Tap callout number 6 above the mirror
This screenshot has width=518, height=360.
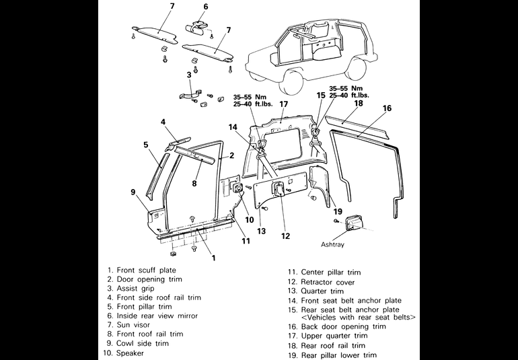(x=206, y=7)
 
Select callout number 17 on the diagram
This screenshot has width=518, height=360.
(x=284, y=104)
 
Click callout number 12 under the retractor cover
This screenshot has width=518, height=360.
(x=286, y=236)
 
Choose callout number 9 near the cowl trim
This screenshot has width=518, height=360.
(x=133, y=192)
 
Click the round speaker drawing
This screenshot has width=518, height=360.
(x=237, y=188)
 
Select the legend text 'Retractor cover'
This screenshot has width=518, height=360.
(x=328, y=283)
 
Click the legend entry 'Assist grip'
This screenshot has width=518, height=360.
(x=135, y=287)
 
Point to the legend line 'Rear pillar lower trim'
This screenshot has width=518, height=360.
(x=338, y=355)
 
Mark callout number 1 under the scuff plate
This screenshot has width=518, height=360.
(x=213, y=258)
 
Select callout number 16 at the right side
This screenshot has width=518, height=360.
(x=387, y=108)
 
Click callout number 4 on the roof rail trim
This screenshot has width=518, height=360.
(x=163, y=122)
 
